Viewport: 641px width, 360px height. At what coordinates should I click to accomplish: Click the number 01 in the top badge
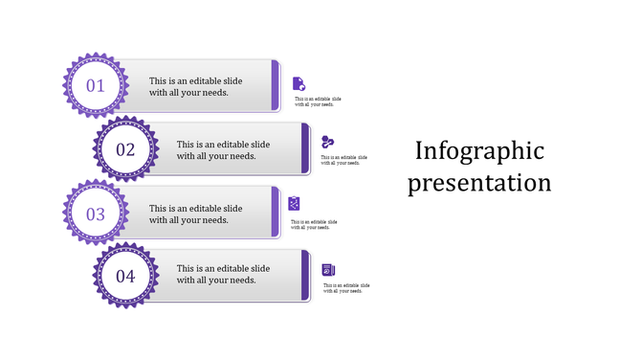[x=96, y=86]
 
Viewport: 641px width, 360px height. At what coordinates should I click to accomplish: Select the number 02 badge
[x=125, y=149]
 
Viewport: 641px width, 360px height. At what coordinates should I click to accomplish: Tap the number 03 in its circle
[x=96, y=214]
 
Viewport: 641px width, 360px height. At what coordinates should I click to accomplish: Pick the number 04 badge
[x=125, y=277]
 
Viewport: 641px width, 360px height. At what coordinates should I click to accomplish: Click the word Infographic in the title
[x=479, y=151]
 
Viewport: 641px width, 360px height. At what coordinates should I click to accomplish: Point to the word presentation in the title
[x=479, y=182]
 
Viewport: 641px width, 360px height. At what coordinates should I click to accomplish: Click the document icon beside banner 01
[x=298, y=84]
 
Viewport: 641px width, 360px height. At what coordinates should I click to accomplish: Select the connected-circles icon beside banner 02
[x=327, y=143]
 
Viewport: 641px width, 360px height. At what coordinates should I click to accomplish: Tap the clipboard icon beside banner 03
[x=296, y=203]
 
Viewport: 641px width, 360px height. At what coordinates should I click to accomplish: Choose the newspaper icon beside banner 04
[x=328, y=270]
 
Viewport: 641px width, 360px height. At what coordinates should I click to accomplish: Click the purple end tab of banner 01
[x=276, y=85]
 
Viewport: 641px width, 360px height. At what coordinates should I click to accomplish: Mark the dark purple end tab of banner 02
[x=306, y=148]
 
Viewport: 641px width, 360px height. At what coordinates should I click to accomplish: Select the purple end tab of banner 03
[x=276, y=213]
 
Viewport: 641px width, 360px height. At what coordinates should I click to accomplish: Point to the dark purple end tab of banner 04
[x=306, y=276]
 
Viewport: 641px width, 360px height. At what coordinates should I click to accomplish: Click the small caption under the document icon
[x=318, y=101]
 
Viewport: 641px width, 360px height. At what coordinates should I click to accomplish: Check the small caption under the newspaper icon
[x=346, y=288]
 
